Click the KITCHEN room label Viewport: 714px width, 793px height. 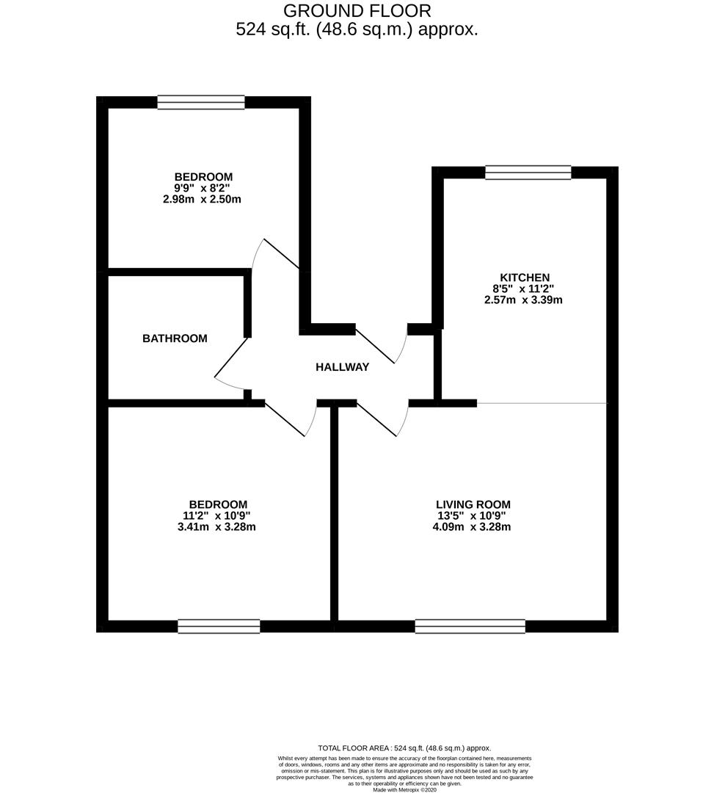[525, 277]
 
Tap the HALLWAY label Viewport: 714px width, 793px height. [342, 367]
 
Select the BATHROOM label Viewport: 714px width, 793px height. [175, 338]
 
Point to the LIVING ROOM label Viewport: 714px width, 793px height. [473, 504]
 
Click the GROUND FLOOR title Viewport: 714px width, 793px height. [357, 10]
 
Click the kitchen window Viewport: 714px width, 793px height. [528, 172]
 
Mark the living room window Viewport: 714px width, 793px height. [470, 626]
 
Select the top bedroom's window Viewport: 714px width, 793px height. [200, 102]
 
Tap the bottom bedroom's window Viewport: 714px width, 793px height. [219, 626]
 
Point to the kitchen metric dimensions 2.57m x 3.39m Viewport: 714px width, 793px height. [523, 300]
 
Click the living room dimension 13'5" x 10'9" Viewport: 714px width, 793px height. [472, 516]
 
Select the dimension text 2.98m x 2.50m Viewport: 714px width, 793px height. [202, 199]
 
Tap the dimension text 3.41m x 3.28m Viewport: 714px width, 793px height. [216, 527]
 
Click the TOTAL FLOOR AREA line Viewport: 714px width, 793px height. [404, 748]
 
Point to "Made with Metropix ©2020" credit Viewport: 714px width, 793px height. [404, 789]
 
